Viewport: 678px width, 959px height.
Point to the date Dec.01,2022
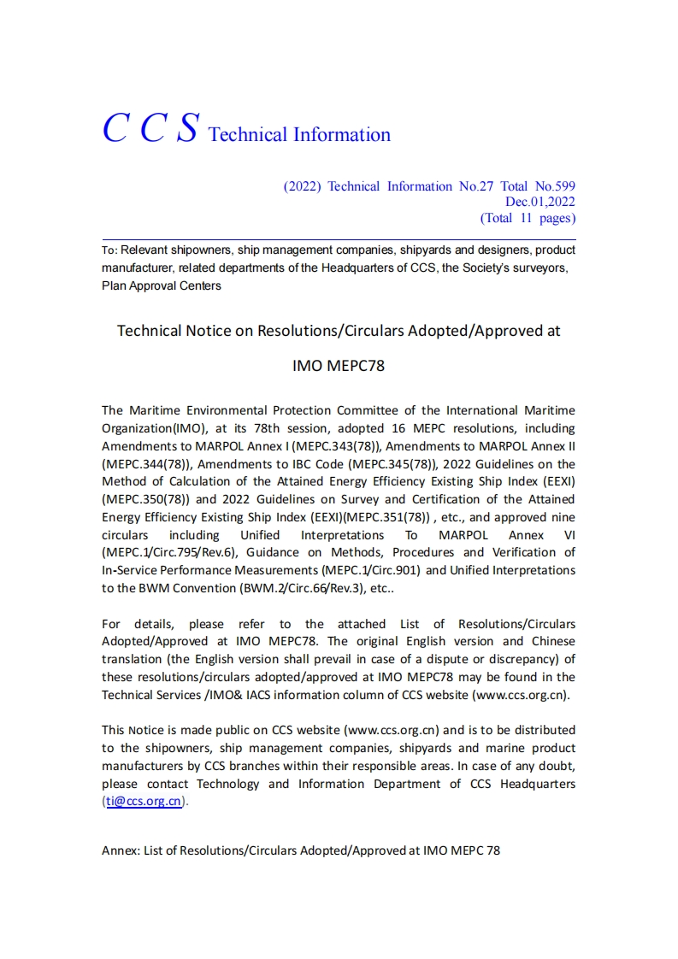[x=539, y=202]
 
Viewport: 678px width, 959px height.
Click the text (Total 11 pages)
[x=528, y=218]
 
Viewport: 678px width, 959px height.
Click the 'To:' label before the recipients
[x=109, y=250]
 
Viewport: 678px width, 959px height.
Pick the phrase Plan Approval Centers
[x=161, y=285]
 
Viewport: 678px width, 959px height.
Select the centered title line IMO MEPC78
[x=339, y=366]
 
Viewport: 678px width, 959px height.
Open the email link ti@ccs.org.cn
[x=144, y=802]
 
